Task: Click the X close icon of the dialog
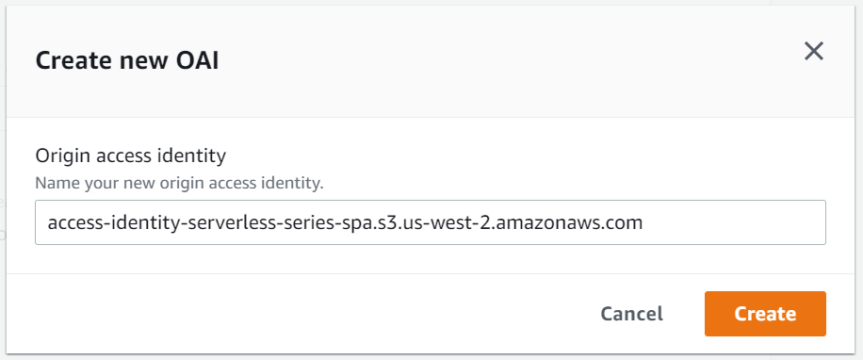(814, 51)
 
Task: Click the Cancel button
(631, 314)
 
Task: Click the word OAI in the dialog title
(199, 62)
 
